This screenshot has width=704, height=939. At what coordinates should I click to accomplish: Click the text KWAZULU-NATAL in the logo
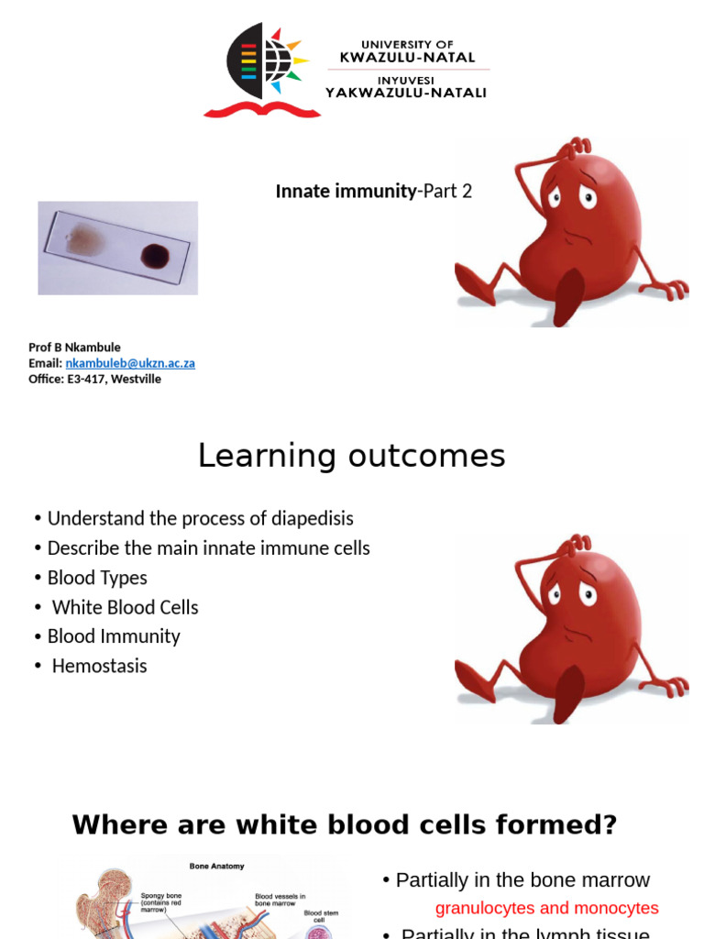point(407,57)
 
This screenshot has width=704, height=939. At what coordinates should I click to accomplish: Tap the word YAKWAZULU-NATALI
point(406,92)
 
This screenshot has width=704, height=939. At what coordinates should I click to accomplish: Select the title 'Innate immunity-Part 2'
point(373,192)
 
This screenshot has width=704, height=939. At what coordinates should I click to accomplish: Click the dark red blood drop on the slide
point(156,255)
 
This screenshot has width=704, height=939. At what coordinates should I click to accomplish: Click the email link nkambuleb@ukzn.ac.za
point(130,363)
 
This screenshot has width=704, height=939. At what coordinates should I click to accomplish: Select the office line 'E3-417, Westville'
point(114,379)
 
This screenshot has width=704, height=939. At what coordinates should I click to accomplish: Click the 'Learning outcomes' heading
point(351,456)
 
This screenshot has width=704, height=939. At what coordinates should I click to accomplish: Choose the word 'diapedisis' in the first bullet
point(312,519)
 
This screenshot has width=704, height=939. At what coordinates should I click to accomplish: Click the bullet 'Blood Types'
point(96,578)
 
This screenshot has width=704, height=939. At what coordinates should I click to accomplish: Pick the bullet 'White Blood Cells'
point(125,607)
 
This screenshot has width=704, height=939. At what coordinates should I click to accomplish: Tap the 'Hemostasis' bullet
point(99,666)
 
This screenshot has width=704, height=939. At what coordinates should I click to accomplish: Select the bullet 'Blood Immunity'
point(114,636)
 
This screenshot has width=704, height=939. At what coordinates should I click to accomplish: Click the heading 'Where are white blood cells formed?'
point(345,825)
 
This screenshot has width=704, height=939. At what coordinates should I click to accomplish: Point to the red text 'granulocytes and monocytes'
point(546,908)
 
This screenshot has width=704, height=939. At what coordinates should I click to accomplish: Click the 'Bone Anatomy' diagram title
point(216,866)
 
